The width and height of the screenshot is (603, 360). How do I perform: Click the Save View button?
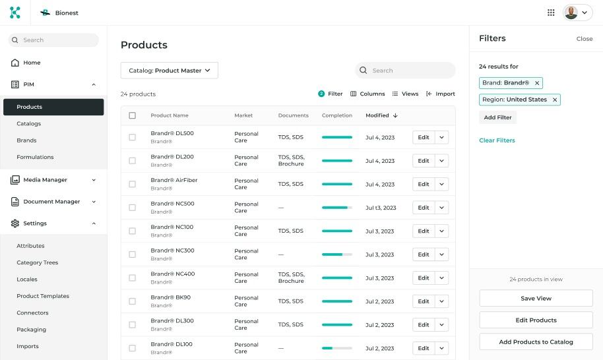pos(536,298)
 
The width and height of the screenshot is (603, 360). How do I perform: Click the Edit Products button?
pos(536,320)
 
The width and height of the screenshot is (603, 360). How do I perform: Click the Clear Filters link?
pos(497,140)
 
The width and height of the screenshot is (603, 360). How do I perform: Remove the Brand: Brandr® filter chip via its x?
pos(537,83)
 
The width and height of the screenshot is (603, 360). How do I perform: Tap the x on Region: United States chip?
pos(555,100)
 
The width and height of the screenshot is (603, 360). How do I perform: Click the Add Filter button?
pos(497,117)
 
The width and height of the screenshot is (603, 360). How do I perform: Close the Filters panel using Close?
pos(584,39)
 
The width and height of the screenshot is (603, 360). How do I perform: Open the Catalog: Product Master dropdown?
pos(169,71)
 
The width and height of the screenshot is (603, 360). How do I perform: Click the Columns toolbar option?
pos(367,94)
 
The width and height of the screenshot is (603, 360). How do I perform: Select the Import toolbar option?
pos(441,94)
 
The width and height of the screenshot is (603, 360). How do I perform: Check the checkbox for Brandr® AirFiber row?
pos(133,184)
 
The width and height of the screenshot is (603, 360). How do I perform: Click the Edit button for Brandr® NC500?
pos(423,208)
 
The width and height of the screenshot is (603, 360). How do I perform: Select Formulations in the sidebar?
pos(35,157)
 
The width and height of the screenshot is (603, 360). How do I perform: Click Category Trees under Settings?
pos(37,262)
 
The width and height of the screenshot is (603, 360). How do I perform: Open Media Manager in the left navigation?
pos(45,179)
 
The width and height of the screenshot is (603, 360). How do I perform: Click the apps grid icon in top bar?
pos(551,13)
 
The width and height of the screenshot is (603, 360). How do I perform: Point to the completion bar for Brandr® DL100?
pos(336,348)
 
